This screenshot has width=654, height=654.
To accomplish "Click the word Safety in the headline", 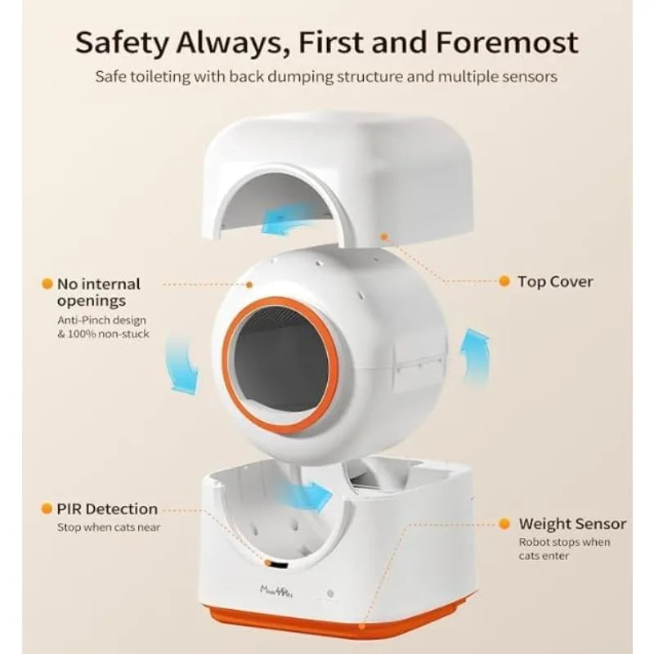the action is click(121, 43).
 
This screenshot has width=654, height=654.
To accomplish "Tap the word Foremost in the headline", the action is click(507, 42).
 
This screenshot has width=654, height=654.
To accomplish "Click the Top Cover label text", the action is click(555, 281).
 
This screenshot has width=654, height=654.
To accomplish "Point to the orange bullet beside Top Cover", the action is click(504, 281).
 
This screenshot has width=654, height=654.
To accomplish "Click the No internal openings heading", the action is click(98, 292).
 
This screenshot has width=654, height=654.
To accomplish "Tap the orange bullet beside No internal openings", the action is click(47, 284).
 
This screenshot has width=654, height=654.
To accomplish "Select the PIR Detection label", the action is click(107, 508).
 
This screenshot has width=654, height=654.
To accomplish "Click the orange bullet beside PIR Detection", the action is click(47, 508).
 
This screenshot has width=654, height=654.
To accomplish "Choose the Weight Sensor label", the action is click(572, 523).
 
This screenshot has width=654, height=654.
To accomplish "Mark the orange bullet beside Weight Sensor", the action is click(504, 523).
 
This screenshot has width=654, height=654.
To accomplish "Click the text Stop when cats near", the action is click(109, 527).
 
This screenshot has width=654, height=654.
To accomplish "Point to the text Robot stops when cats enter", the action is click(564, 549).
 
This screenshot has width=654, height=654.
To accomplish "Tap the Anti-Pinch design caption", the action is click(103, 327).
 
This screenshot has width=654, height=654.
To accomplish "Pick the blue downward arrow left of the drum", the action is click(182, 365).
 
